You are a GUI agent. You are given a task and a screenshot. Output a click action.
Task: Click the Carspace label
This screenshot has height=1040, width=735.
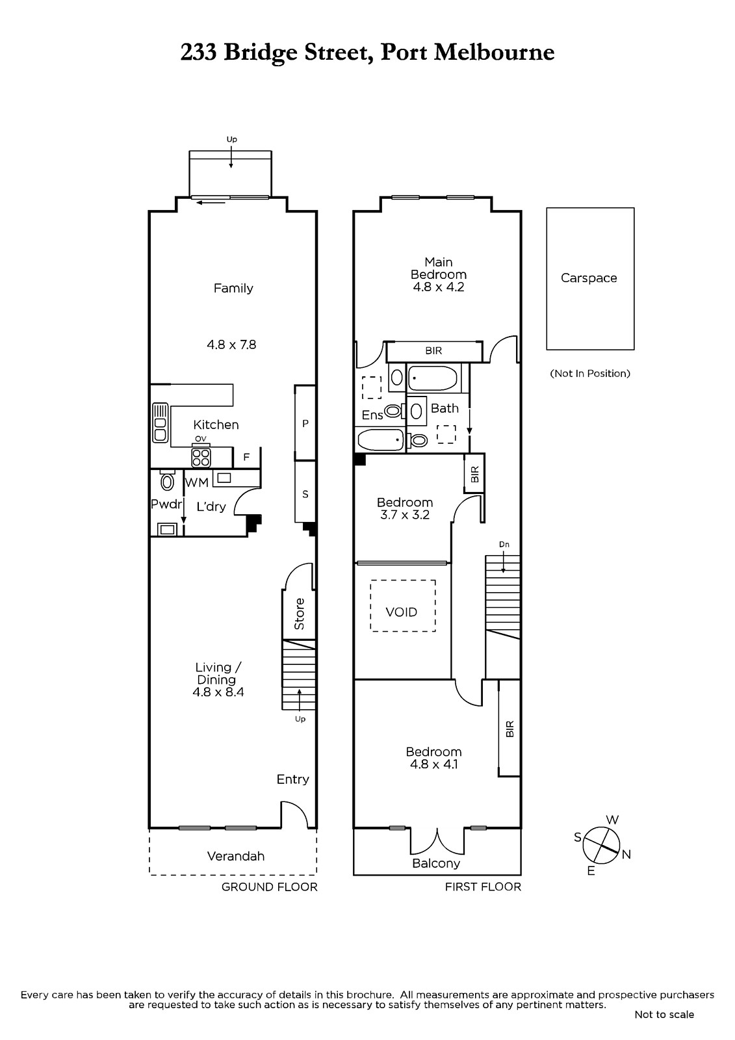(x=588, y=278)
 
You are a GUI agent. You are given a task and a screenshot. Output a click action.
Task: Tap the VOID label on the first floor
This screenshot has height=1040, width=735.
(x=401, y=612)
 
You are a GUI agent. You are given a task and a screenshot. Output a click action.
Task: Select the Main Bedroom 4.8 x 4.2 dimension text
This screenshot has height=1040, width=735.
(x=438, y=287)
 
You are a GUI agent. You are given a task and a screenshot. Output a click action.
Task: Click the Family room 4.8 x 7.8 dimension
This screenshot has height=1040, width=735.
(x=231, y=344)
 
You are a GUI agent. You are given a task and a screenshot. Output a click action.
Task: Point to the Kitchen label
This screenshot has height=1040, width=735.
(x=216, y=424)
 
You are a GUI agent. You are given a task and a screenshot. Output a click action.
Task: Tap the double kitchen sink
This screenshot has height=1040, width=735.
(x=160, y=422)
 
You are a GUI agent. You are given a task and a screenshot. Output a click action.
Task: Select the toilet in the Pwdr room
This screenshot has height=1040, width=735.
(x=166, y=480)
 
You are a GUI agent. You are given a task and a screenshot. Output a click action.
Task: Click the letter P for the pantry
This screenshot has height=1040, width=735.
(x=305, y=423)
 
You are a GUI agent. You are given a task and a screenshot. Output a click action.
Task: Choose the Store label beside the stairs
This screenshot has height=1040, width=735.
(x=300, y=614)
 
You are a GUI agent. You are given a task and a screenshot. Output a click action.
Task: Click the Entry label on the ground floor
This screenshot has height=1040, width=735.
(x=292, y=779)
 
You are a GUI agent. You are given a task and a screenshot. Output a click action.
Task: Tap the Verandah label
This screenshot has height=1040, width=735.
(x=235, y=856)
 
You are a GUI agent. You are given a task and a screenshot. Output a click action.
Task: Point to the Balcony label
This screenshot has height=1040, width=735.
(x=436, y=864)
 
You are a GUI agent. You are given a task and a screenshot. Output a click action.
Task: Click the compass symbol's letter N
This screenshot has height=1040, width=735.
(x=626, y=854)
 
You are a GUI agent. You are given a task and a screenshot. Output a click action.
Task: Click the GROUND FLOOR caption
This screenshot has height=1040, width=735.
(x=269, y=887)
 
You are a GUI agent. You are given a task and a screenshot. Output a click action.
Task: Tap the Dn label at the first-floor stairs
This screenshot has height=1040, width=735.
(x=504, y=544)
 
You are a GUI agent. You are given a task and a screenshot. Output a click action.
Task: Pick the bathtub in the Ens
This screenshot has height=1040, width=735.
(x=380, y=439)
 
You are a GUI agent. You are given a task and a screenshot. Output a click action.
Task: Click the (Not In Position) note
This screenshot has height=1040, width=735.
(x=589, y=373)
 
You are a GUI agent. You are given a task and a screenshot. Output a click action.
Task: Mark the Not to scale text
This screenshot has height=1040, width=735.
(x=664, y=1015)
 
